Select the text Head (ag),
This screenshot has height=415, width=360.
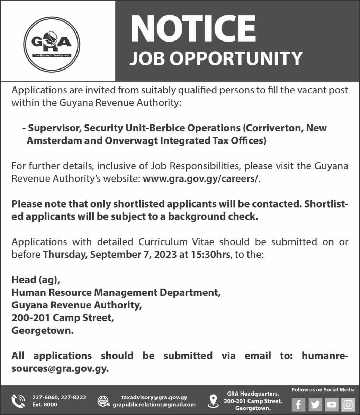coord(38,279)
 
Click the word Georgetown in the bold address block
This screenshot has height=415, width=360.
coord(43,330)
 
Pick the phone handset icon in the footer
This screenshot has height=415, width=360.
coord(18,401)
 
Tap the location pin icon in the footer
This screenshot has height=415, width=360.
coord(213,401)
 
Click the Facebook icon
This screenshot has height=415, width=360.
coord(298,404)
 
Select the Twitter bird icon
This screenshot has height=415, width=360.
coord(315,404)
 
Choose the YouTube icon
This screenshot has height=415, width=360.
coord(332,404)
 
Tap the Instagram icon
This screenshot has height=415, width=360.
coord(348,404)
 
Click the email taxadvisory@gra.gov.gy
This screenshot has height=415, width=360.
coord(154,398)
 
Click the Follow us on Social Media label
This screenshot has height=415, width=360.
coord(323,390)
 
